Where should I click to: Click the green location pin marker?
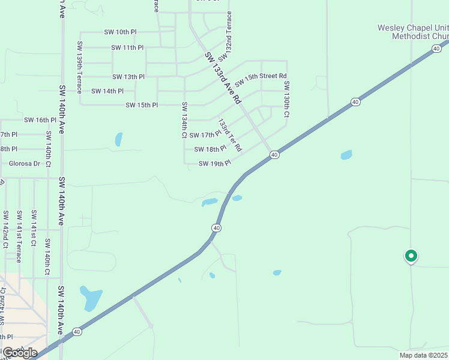[411, 256]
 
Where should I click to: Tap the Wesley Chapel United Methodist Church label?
[413, 32]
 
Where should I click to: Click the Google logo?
[19, 352]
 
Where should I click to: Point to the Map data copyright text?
[424, 355]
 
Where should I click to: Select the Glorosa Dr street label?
[25, 163]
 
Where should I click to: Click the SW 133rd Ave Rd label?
[222, 77]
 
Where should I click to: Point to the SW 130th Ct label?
[287, 99]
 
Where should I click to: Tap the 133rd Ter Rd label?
[229, 135]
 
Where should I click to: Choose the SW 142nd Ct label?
[5, 229]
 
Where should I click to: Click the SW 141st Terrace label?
[19, 236]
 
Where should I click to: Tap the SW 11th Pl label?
[127, 47]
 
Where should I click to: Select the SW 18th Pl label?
[210, 149]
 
